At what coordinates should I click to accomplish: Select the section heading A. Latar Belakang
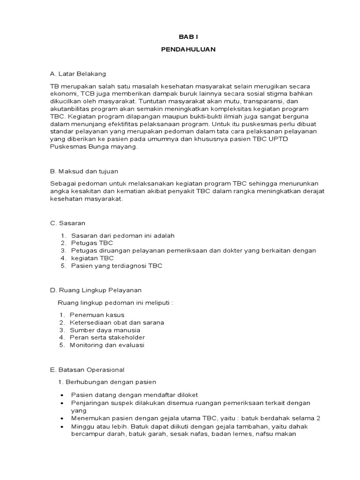pos(78,74)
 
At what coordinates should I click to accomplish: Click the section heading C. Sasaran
pos(68,223)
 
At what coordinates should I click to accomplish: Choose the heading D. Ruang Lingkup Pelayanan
pos(95,290)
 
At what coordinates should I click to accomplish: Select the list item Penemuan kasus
pos(97,315)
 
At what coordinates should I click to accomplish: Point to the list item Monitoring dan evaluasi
pos(107,345)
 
